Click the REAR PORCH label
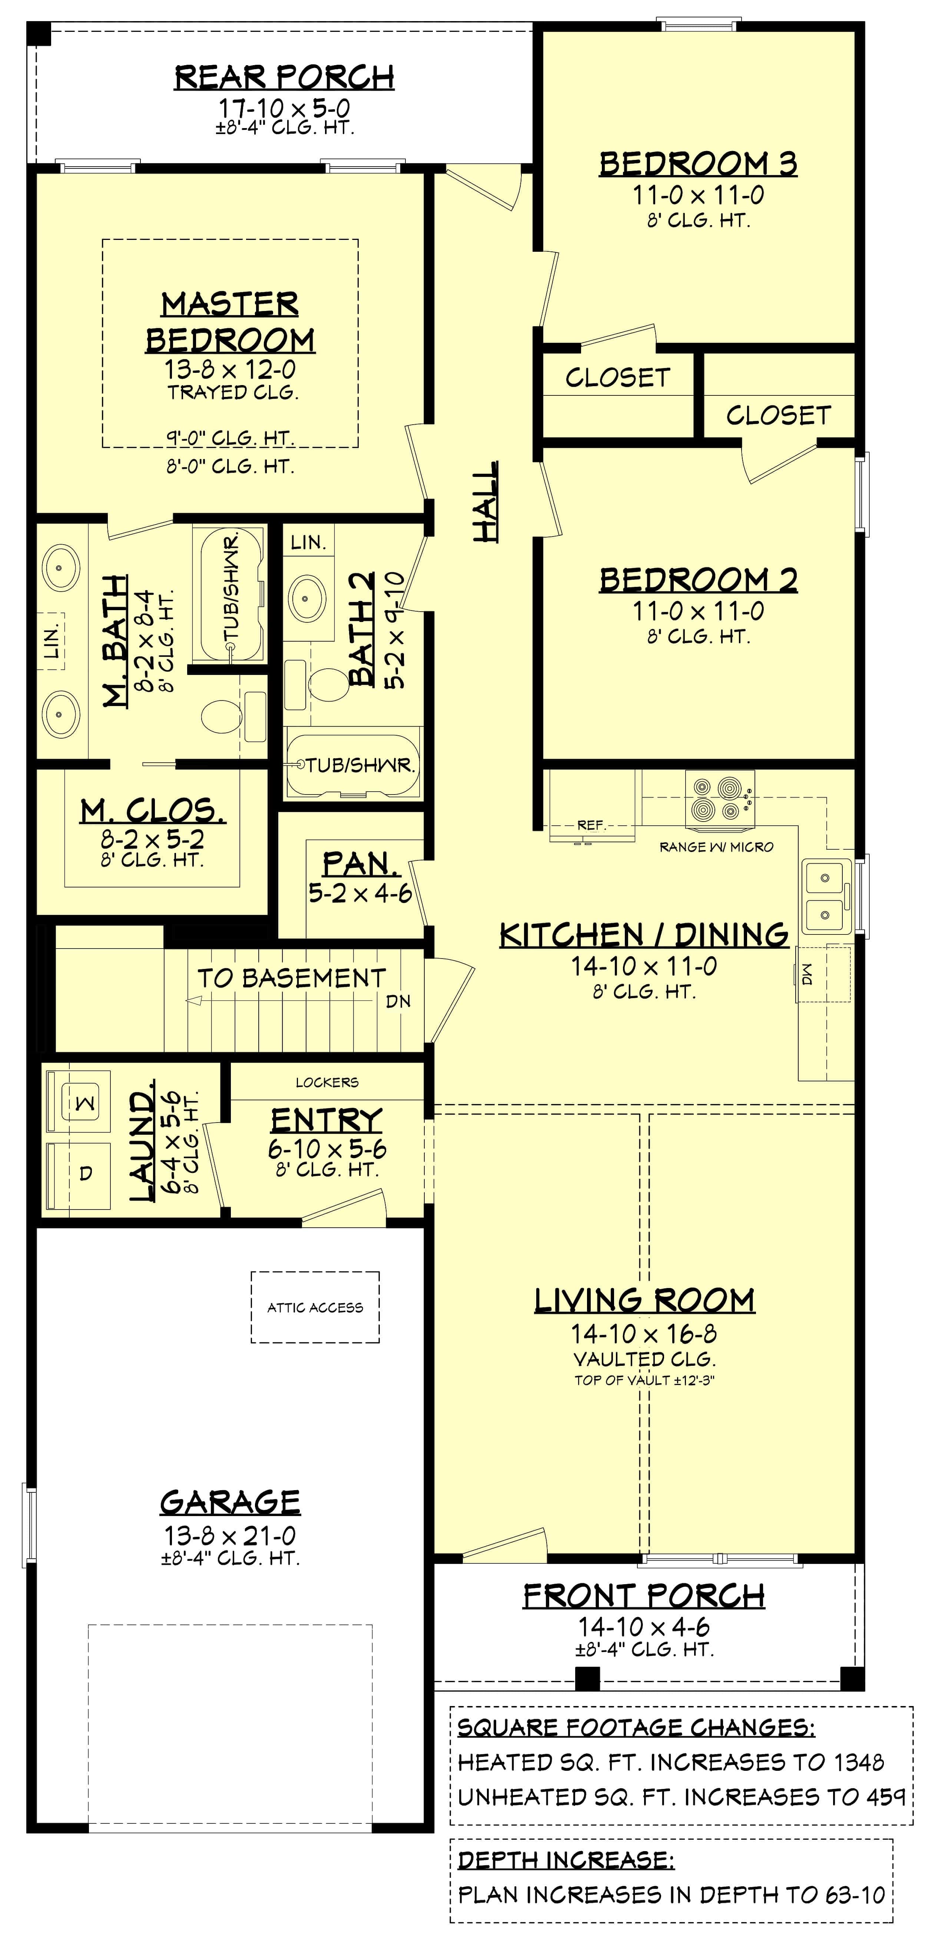coord(284,77)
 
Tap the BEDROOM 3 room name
coord(698,163)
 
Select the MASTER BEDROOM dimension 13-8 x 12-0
coord(230,369)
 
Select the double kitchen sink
coord(826,896)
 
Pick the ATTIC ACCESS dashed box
coord(315,1307)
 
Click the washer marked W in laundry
coord(85,1103)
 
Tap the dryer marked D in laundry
coord(85,1173)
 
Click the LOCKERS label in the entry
coord(327,1082)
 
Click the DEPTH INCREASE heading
coord(566,1860)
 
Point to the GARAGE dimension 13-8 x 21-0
coord(230,1536)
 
